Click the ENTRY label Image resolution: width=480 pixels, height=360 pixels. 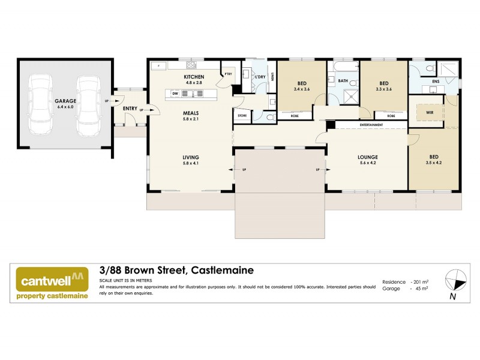[x=130, y=108]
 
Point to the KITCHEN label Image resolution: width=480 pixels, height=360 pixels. [x=194, y=77]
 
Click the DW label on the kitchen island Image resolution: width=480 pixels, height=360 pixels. [x=175, y=94]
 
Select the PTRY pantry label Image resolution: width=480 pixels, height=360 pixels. [x=229, y=74]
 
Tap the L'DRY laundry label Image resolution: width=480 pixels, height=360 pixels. [x=260, y=77]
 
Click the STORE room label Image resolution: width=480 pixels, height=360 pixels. [x=242, y=115]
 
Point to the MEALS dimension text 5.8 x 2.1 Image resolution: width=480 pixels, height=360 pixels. [x=190, y=118]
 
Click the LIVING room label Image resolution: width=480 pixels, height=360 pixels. [x=190, y=158]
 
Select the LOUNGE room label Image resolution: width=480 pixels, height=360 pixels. [x=368, y=157]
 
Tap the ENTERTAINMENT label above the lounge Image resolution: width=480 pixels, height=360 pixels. [x=371, y=125]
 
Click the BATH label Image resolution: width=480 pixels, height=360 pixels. [x=343, y=80]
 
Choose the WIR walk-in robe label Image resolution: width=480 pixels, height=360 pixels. [x=430, y=112]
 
